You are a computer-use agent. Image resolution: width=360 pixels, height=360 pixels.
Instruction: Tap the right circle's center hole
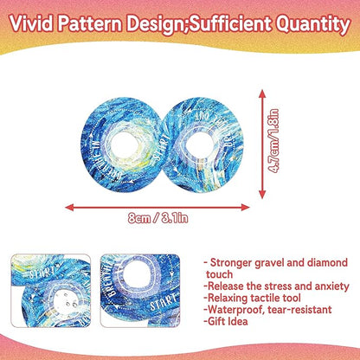point(194,122)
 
